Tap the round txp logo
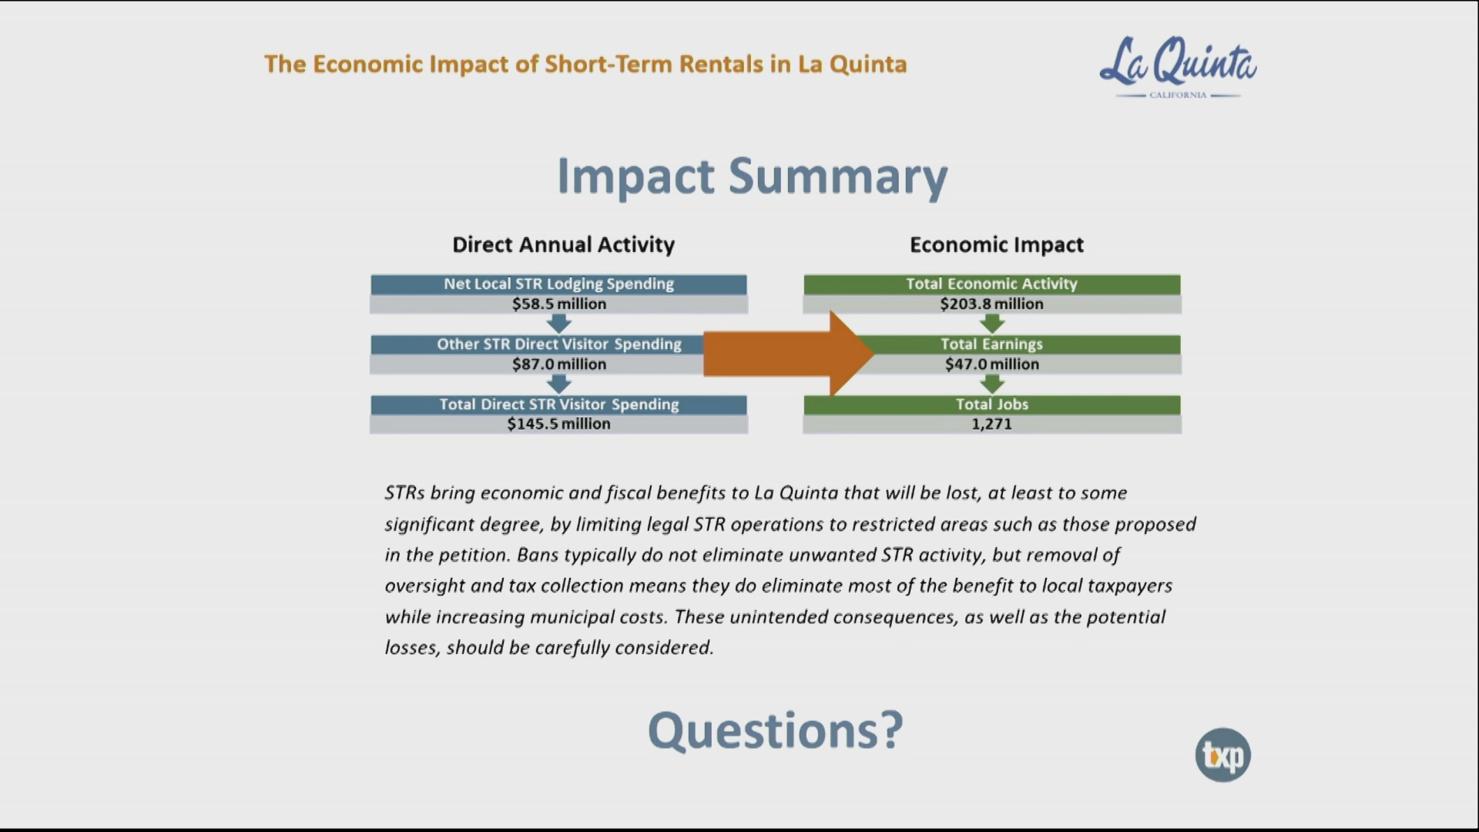[1222, 755]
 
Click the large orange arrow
[789, 354]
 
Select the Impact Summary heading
[752, 177]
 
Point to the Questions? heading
[775, 730]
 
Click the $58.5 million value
[559, 304]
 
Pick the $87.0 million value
[559, 364]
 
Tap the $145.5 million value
[559, 424]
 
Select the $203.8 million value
[992, 304]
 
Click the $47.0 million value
[992, 364]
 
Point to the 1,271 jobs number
[992, 424]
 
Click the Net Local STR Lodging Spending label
[558, 284]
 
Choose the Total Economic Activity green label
[992, 284]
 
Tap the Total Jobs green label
[992, 404]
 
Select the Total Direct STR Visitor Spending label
[558, 404]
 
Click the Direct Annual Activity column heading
[563, 245]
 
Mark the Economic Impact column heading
[997, 245]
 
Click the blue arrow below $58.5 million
[559, 324]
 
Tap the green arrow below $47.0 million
[992, 384]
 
